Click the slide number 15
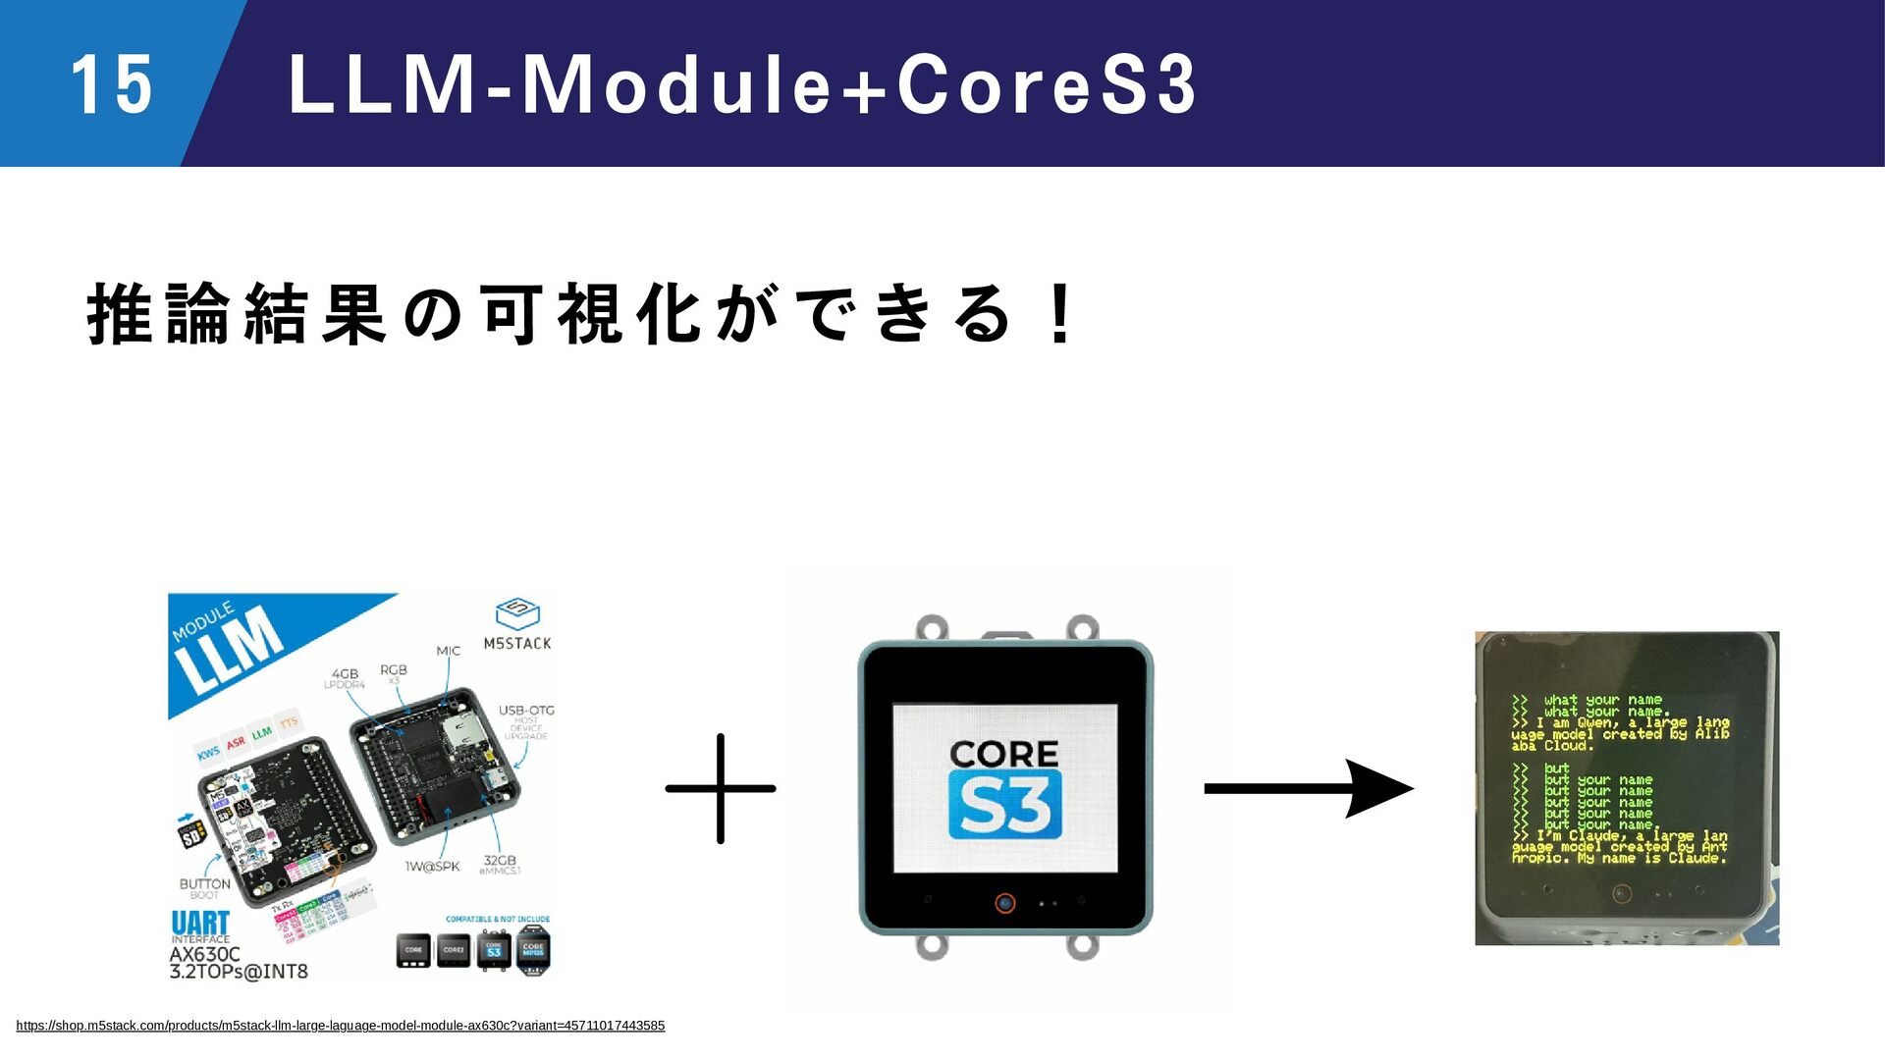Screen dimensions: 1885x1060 pos(111,84)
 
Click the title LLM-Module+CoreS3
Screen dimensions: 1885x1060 pos(742,84)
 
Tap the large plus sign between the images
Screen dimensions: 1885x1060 pos(721,788)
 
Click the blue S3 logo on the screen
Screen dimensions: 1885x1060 pos(1004,805)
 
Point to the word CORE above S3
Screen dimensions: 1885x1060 pos(1004,754)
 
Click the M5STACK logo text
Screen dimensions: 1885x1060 pos(517,643)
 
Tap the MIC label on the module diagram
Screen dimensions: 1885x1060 pos(448,651)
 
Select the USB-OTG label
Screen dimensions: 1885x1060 pos(526,710)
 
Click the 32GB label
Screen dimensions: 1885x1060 pos(500,861)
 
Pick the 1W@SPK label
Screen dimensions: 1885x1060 pos(432,867)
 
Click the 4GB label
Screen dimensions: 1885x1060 pos(345,673)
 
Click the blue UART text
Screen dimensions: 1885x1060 pos(200,923)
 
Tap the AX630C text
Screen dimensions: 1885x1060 pos(204,954)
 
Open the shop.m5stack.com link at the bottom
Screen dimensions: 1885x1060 pos(340,1026)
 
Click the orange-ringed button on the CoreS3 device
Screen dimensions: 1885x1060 pos(1004,903)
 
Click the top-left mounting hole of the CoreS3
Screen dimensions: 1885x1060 pos(931,626)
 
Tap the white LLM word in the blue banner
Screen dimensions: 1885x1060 pos(229,649)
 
